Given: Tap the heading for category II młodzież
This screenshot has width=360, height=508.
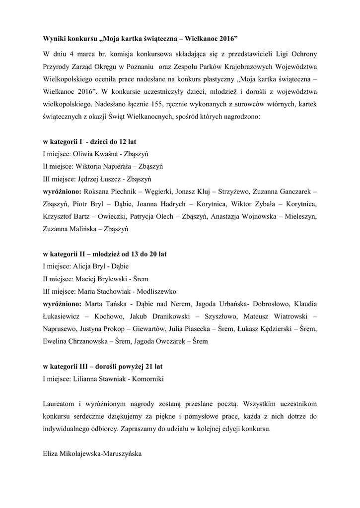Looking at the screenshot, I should (x=105, y=254).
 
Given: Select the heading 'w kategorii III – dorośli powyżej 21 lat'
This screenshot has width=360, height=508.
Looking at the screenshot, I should (x=103, y=367).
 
